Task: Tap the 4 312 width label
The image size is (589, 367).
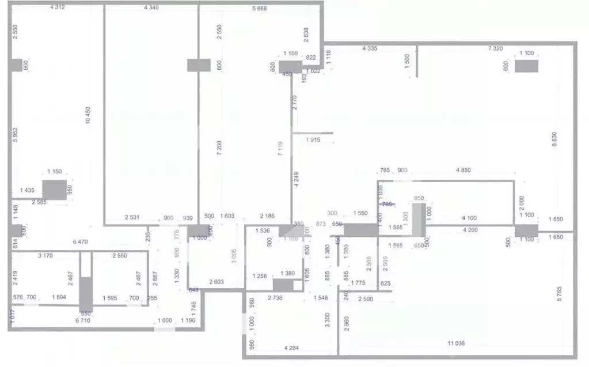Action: click(x=58, y=7)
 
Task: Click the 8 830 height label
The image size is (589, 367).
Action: click(x=554, y=139)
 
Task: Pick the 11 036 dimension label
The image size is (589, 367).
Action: click(x=457, y=343)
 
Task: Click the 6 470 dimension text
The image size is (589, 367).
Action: click(x=80, y=242)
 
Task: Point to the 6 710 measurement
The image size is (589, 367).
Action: click(x=83, y=320)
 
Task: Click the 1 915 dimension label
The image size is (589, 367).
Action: click(x=313, y=140)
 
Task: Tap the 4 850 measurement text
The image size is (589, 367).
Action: click(x=463, y=170)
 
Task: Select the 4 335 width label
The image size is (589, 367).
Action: click(x=369, y=49)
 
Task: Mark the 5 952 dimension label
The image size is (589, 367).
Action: click(x=16, y=137)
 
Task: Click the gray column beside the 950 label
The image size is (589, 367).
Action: click(x=55, y=190)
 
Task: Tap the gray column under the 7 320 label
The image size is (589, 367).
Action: click(x=526, y=66)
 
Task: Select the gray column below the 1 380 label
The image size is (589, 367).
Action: click(x=283, y=285)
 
